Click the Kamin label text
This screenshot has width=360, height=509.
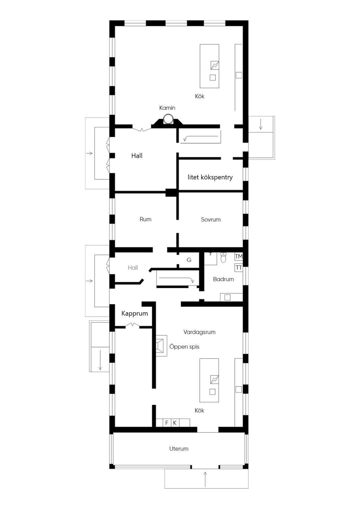pos(167,108)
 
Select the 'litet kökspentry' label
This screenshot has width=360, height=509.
pos(210,177)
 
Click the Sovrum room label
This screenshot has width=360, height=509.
pos(211,219)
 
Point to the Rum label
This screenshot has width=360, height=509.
pos(146,219)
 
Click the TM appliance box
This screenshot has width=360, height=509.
pos(239,257)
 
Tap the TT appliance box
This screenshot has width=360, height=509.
pos(239,268)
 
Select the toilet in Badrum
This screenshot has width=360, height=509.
pos(223,258)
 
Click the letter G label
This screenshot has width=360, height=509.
pos(189,260)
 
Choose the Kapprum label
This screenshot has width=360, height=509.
pos(135,314)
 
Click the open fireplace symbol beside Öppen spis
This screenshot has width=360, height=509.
pos(161,346)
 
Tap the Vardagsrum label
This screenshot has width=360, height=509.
pos(199,332)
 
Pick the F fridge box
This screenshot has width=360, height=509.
pos(167,423)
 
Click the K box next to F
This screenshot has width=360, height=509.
pos(175,423)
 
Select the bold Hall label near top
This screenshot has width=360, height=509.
pos(137,156)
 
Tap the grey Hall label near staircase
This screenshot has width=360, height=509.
pos(133,268)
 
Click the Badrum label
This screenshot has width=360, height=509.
pos(223,279)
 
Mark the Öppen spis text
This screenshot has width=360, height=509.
pos(184,347)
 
